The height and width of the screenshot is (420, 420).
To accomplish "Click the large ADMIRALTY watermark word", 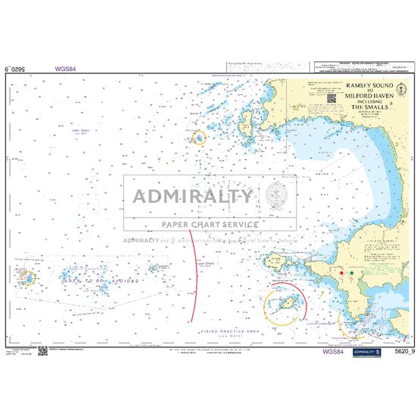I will [194, 197].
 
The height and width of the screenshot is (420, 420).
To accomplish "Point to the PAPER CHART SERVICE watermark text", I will [210, 224].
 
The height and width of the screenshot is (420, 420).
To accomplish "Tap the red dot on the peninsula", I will [342, 272].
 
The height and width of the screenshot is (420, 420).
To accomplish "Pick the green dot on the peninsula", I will [359, 272].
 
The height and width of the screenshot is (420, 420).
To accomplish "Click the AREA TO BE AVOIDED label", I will [101, 281].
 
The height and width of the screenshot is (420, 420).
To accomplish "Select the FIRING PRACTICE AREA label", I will [230, 331].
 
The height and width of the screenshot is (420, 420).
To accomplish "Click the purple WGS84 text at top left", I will [65, 68].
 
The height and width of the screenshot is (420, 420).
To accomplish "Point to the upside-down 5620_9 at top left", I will [18, 68].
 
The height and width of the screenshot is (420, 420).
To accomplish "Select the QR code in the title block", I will [332, 98].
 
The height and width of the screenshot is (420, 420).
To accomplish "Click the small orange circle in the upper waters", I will [199, 138].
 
